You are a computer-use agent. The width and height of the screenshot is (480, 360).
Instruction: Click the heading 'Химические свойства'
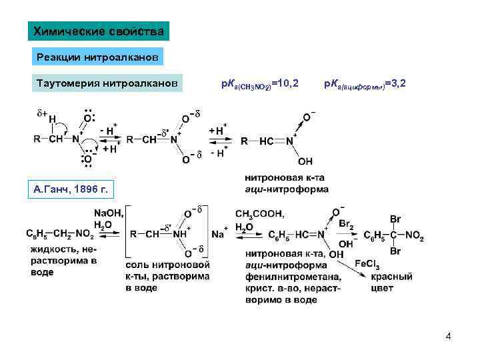(99, 31)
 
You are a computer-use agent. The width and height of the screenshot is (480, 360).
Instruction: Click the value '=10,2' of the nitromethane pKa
(285, 84)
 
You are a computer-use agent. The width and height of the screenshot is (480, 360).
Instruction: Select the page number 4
(448, 336)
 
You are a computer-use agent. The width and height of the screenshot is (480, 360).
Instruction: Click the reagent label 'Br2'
(345, 225)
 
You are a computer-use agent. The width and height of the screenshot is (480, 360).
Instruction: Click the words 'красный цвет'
(387, 282)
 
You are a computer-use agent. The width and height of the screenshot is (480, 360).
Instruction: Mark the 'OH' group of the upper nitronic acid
(305, 161)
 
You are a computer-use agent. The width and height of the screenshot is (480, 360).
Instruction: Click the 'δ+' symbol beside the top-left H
(41, 113)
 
